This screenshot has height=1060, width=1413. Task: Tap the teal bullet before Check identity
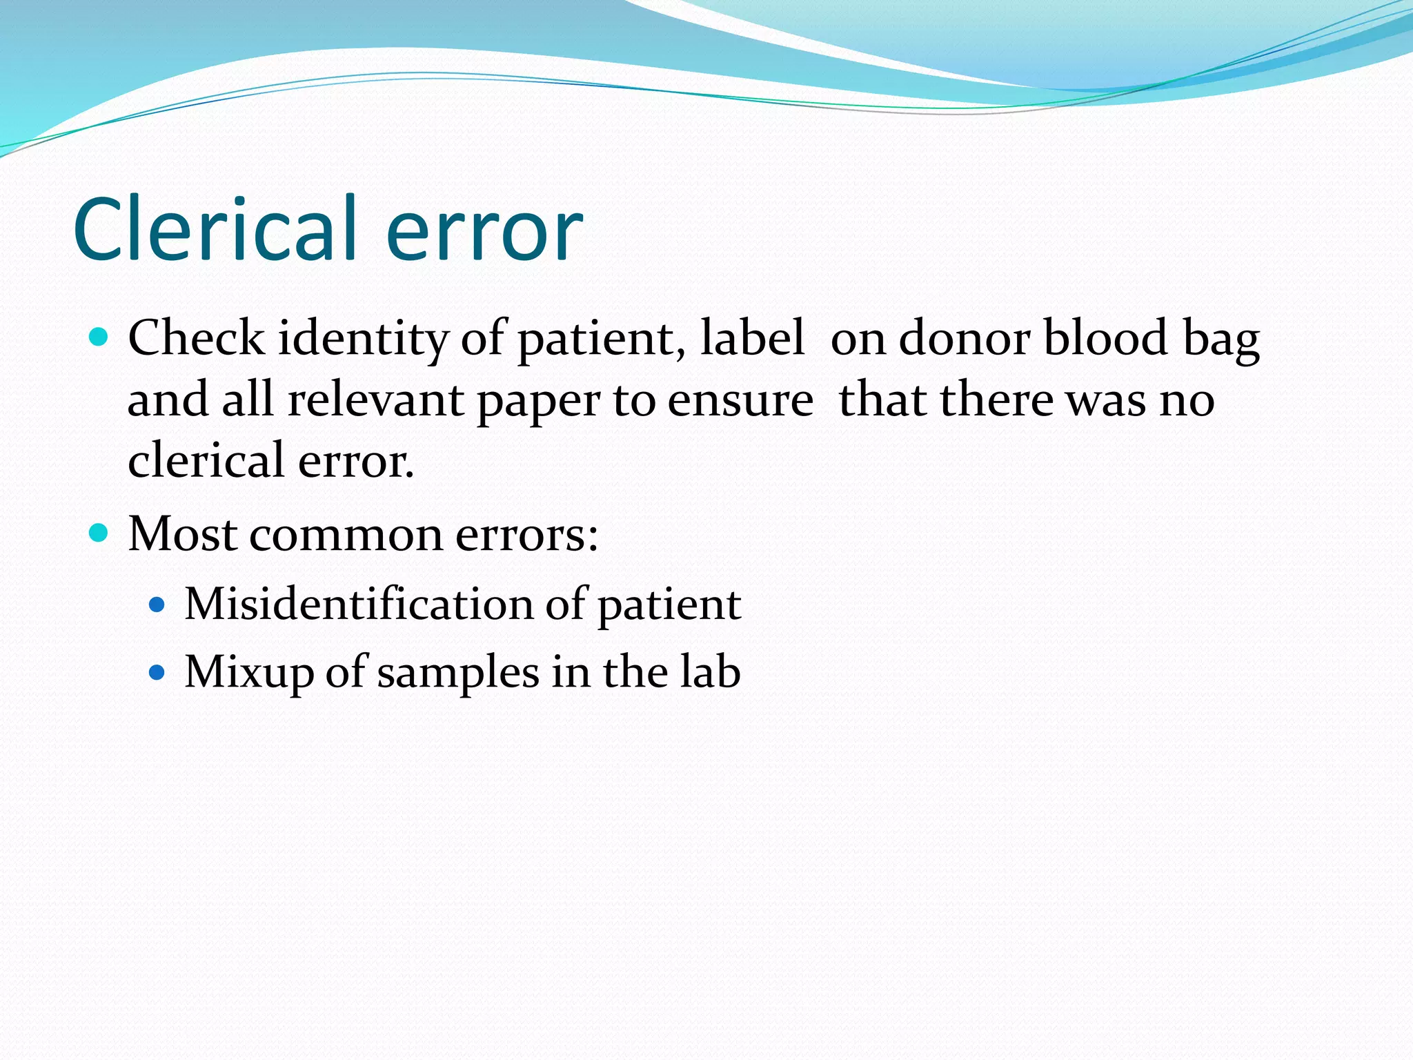coord(99,337)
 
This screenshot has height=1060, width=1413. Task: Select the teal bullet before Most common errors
coord(99,533)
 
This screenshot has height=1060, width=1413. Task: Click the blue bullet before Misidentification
coord(157,605)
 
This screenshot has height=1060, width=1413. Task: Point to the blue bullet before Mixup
coord(157,672)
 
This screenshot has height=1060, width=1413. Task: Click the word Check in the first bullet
coord(197,338)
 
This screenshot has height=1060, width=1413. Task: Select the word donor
coord(964,338)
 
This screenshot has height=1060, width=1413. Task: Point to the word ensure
coord(740,401)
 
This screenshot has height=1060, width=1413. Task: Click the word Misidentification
coord(359,604)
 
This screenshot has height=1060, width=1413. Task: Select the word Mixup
coord(249,673)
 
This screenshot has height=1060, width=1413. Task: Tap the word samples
coord(458,673)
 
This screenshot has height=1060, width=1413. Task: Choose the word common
coord(346,535)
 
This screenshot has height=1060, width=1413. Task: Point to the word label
coord(752,338)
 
